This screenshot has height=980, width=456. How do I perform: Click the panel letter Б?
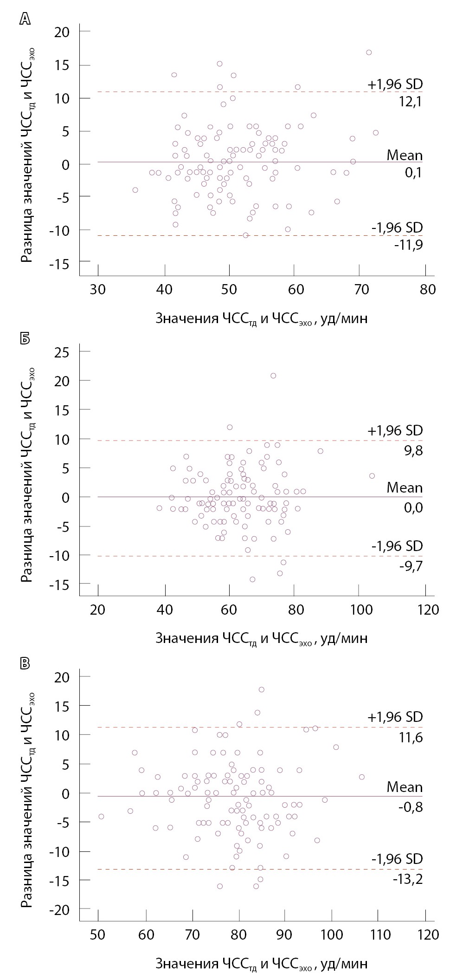25,338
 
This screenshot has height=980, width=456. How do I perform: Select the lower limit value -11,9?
409,245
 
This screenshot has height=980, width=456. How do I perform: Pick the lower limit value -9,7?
410,565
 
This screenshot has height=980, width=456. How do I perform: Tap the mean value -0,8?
411,807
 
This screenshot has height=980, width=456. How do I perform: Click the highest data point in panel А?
369,52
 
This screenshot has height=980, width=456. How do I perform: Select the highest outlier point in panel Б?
273,376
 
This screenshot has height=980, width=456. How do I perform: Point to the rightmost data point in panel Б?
372,476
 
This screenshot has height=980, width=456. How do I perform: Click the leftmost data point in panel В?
101,816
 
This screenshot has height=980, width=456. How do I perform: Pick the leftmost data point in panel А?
135,190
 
